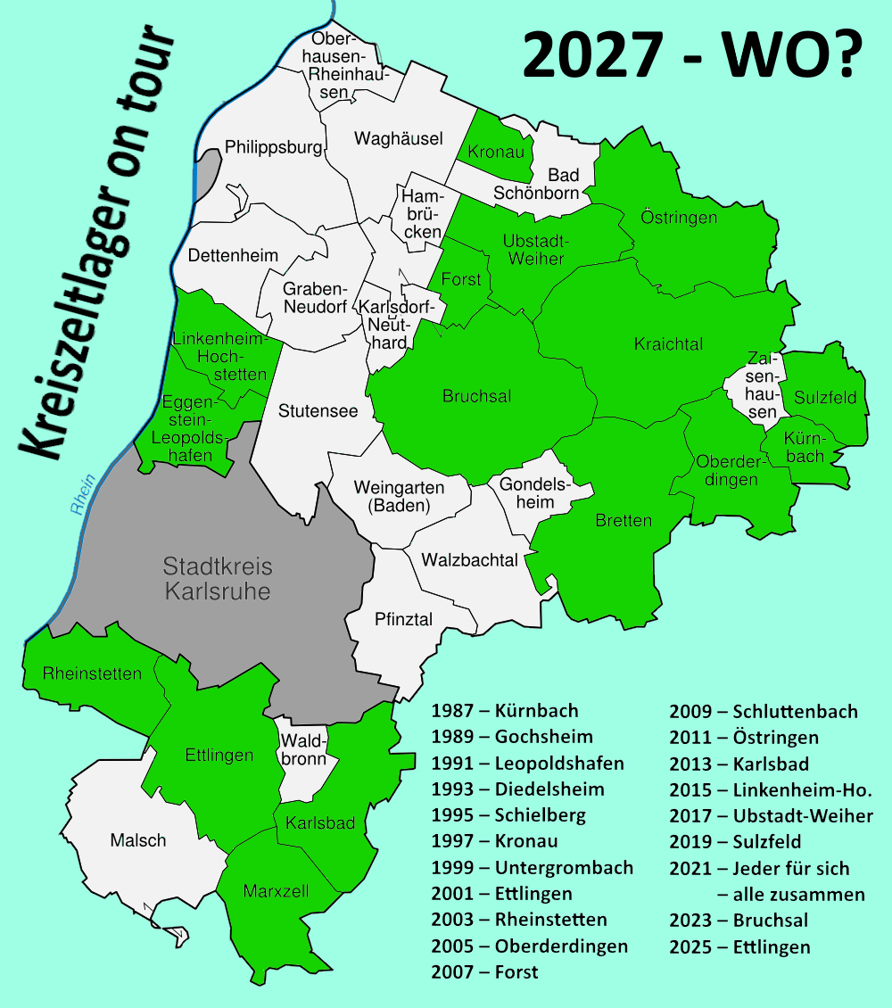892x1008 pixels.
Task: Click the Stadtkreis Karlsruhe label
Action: click(218, 578)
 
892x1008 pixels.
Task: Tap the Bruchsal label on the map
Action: click(477, 396)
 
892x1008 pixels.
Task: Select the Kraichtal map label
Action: click(668, 344)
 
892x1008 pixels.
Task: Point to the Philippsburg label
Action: click(273, 146)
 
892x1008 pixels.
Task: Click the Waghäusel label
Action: click(398, 138)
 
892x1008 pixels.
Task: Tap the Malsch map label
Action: click(138, 840)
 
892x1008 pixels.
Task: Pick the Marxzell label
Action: click(276, 890)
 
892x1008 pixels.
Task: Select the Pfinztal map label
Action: click(403, 618)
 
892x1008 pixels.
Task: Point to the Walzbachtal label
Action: click(469, 560)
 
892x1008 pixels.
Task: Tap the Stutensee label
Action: click(318, 411)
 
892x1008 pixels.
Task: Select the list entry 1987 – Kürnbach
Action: click(505, 711)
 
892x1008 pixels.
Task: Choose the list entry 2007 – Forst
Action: click(484, 971)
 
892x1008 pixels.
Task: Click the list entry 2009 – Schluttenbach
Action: click(764, 711)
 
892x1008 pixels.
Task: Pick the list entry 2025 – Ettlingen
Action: click(739, 946)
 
